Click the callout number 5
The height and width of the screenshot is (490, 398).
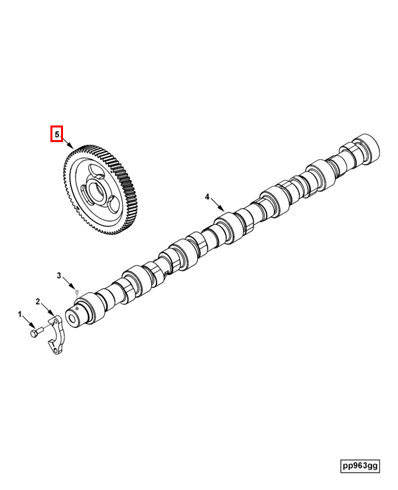click(56, 134)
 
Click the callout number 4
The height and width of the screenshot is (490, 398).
click(207, 197)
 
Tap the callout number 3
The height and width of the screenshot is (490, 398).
click(59, 276)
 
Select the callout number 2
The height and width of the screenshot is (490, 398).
click(38, 301)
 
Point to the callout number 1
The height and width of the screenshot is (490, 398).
click(20, 314)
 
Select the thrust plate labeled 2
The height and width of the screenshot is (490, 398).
click(56, 336)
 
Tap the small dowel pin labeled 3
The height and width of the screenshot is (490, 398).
click(76, 292)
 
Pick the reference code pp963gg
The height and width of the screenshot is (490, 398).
click(360, 466)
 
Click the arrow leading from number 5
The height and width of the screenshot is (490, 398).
click(67, 143)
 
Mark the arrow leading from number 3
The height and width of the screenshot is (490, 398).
click(69, 284)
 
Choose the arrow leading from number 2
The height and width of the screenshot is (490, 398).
click(48, 309)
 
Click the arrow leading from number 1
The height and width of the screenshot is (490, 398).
click(29, 321)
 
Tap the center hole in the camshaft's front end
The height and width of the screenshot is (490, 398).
click(72, 319)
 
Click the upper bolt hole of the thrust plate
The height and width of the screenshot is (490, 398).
click(55, 321)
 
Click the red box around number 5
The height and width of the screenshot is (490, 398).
click(57, 133)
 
